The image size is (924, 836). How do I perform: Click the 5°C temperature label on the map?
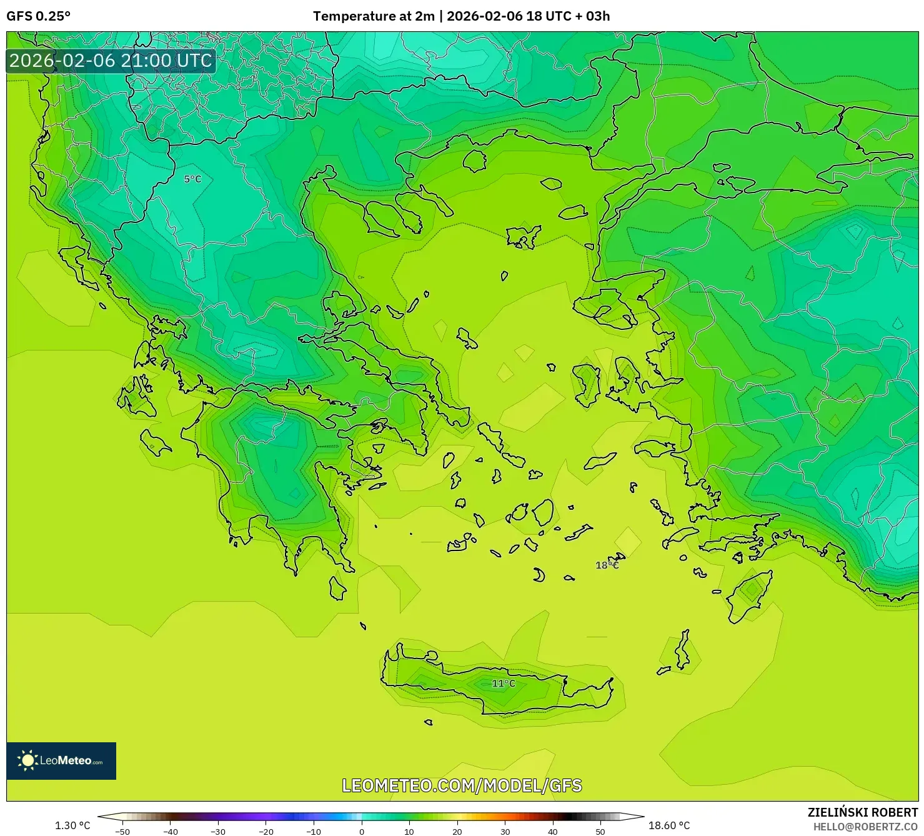coord(192,179)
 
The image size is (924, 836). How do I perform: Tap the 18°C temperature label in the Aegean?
coord(607,565)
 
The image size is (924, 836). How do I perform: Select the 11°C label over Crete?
coord(504,684)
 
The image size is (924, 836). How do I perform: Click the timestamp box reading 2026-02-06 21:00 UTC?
coord(111,61)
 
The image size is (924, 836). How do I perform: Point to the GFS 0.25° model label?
coord(39,16)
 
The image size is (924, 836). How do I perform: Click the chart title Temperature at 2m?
coord(374,16)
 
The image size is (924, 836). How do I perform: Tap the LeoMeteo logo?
coord(61,760)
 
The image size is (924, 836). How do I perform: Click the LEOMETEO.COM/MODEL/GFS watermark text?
coord(462,785)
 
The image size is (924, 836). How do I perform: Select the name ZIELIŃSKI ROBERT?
coord(862,813)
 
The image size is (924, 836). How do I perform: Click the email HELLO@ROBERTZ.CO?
coord(865,827)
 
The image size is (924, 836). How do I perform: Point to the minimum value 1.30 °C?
coord(72,825)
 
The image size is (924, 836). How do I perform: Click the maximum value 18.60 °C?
coord(669,825)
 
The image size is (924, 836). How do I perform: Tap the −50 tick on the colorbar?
coord(122,832)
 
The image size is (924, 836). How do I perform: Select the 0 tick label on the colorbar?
coord(361,832)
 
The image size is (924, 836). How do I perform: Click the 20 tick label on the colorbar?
coord(457,832)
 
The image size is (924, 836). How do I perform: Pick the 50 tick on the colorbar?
coord(600,832)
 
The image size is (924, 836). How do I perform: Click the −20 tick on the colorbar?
coord(266,832)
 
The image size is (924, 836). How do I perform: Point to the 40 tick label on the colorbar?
coord(553,832)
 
